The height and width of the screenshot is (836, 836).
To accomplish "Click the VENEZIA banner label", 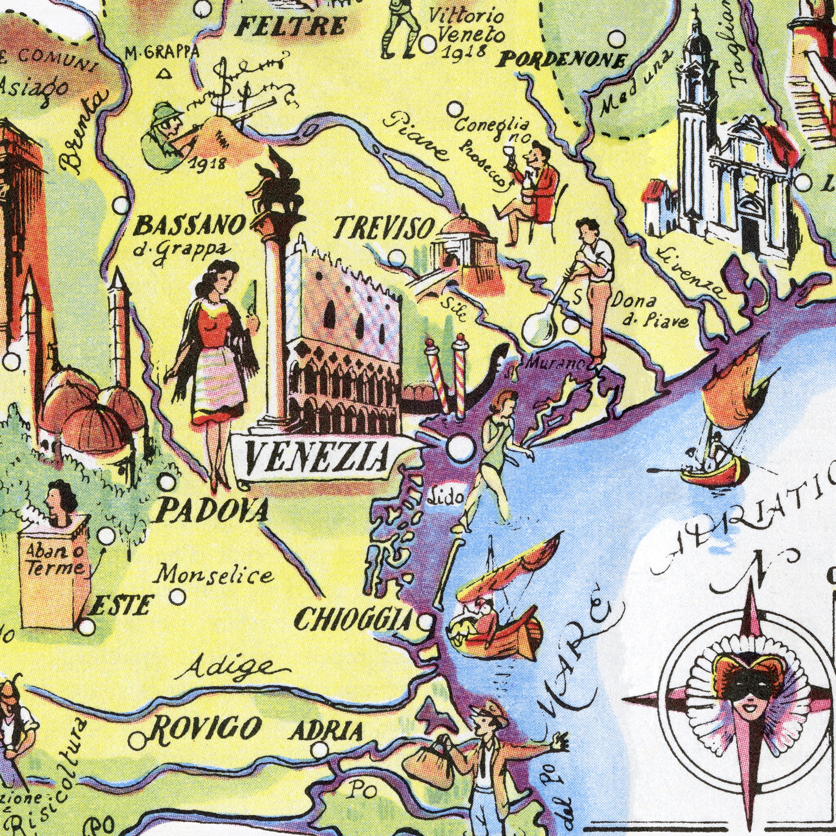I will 315,459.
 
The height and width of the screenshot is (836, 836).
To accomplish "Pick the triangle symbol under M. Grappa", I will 163,75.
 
